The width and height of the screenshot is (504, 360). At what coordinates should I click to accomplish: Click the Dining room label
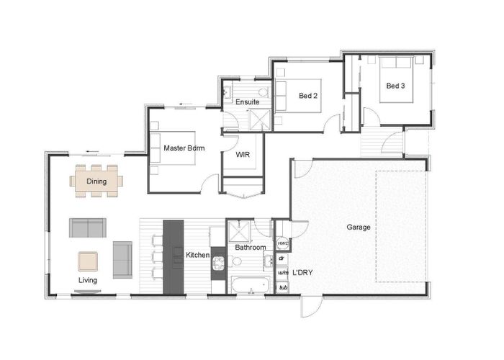(x=96, y=181)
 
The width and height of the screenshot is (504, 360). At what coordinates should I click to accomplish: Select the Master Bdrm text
(x=184, y=148)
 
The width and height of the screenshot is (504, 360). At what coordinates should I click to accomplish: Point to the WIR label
(x=242, y=153)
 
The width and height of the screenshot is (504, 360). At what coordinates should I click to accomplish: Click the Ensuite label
(x=247, y=102)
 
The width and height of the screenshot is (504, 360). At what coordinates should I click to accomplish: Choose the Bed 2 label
(x=308, y=96)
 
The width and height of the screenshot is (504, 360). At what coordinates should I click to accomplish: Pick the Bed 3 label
(x=395, y=86)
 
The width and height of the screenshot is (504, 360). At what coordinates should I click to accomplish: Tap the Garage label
(x=358, y=227)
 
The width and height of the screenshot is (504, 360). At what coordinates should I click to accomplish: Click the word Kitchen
(x=197, y=255)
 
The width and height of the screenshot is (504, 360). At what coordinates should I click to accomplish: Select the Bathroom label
(x=250, y=248)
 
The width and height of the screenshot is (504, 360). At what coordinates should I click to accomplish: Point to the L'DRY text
(x=301, y=274)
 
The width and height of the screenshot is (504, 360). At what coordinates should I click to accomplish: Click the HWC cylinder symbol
(x=283, y=244)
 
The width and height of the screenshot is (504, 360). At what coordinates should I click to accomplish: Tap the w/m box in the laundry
(x=283, y=273)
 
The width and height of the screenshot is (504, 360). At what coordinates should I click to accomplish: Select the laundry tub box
(x=283, y=287)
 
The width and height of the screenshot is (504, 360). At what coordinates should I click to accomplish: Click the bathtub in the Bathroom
(x=249, y=286)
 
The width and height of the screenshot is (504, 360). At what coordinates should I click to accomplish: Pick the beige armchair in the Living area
(x=89, y=260)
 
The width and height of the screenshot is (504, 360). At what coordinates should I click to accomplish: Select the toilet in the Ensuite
(x=228, y=91)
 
